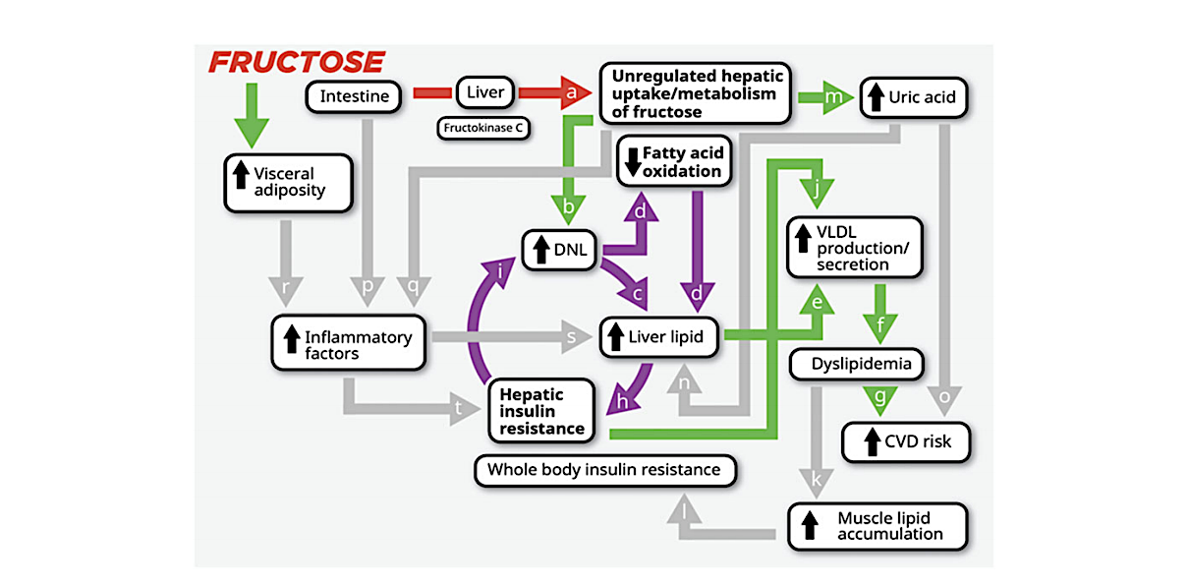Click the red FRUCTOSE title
click(296, 62)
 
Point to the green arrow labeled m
click(826, 97)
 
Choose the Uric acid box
click(915, 97)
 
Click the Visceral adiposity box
click(288, 182)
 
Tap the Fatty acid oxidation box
click(674, 162)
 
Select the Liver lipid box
click(659, 337)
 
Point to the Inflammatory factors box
click(349, 344)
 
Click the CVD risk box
click(907, 441)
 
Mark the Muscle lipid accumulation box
click(878, 526)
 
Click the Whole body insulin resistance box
click(604, 470)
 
